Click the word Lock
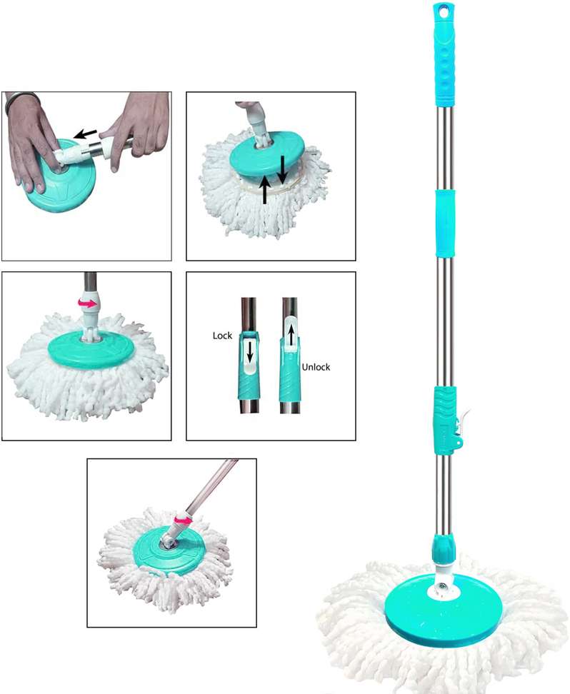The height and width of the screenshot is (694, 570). [x=222, y=336]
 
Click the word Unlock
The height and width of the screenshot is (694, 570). [x=316, y=367]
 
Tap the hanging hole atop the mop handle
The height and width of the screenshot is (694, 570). [x=444, y=10]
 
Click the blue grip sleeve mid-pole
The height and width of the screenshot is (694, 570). [x=446, y=223]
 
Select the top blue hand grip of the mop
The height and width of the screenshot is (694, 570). [x=445, y=54]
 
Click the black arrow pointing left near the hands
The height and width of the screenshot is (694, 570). [x=86, y=134]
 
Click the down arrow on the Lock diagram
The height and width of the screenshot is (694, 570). [x=250, y=353]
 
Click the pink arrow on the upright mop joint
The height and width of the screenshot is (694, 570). [x=88, y=303]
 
